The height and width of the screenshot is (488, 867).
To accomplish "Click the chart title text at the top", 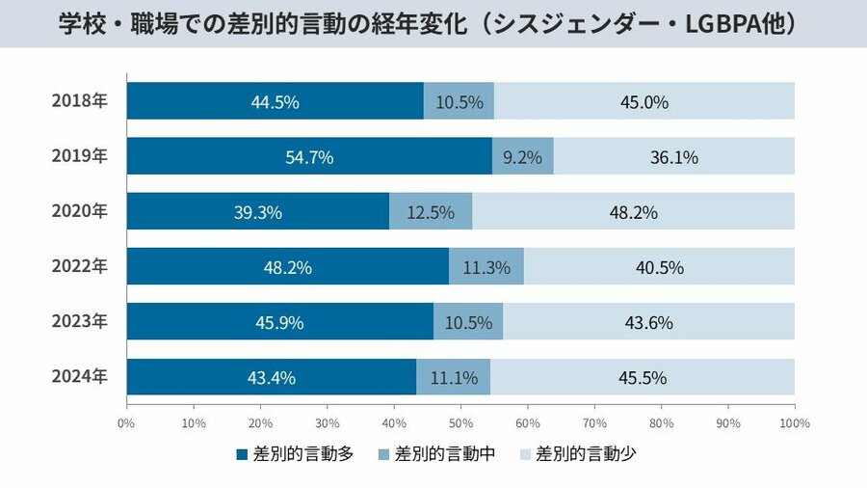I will click(x=433, y=23).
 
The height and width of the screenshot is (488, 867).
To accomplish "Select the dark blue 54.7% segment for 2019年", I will click(x=309, y=156).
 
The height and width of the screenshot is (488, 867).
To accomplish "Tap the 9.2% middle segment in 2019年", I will click(x=522, y=156).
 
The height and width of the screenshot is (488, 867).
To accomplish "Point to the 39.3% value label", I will click(x=258, y=212).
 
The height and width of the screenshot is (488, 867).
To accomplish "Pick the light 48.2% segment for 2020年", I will click(x=633, y=212).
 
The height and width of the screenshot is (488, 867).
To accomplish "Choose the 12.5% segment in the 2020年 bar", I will click(x=431, y=212).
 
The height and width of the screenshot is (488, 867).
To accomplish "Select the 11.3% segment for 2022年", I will click(x=486, y=267).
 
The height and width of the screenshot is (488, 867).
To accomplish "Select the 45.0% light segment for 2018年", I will click(x=644, y=101).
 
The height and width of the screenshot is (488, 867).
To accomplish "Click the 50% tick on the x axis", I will click(x=460, y=422).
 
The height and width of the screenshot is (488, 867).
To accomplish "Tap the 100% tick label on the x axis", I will click(x=794, y=422).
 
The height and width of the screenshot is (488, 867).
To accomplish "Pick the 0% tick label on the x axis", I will click(x=126, y=422).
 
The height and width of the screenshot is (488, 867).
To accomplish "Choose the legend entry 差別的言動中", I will click(x=435, y=453).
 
